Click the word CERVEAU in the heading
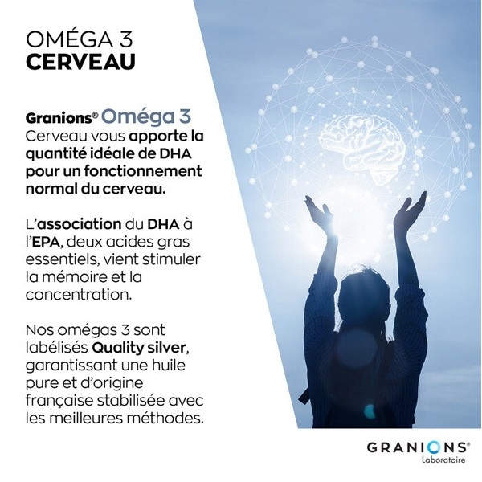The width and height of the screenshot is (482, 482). [x=80, y=61]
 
